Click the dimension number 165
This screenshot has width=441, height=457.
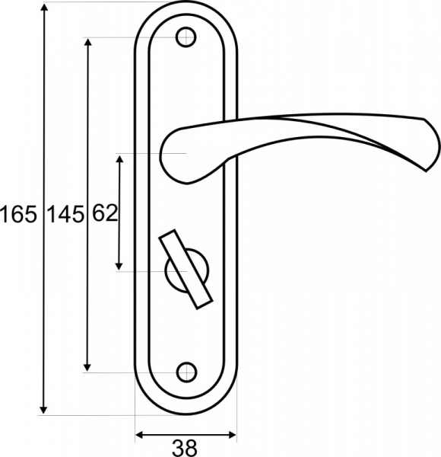tap(18, 215)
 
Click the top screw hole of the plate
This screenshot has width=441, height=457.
tap(185, 37)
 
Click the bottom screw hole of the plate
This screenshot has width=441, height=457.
tap(185, 372)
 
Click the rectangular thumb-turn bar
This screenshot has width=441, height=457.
tap(185, 270)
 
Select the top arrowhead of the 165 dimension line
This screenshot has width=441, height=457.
tap(44, 8)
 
